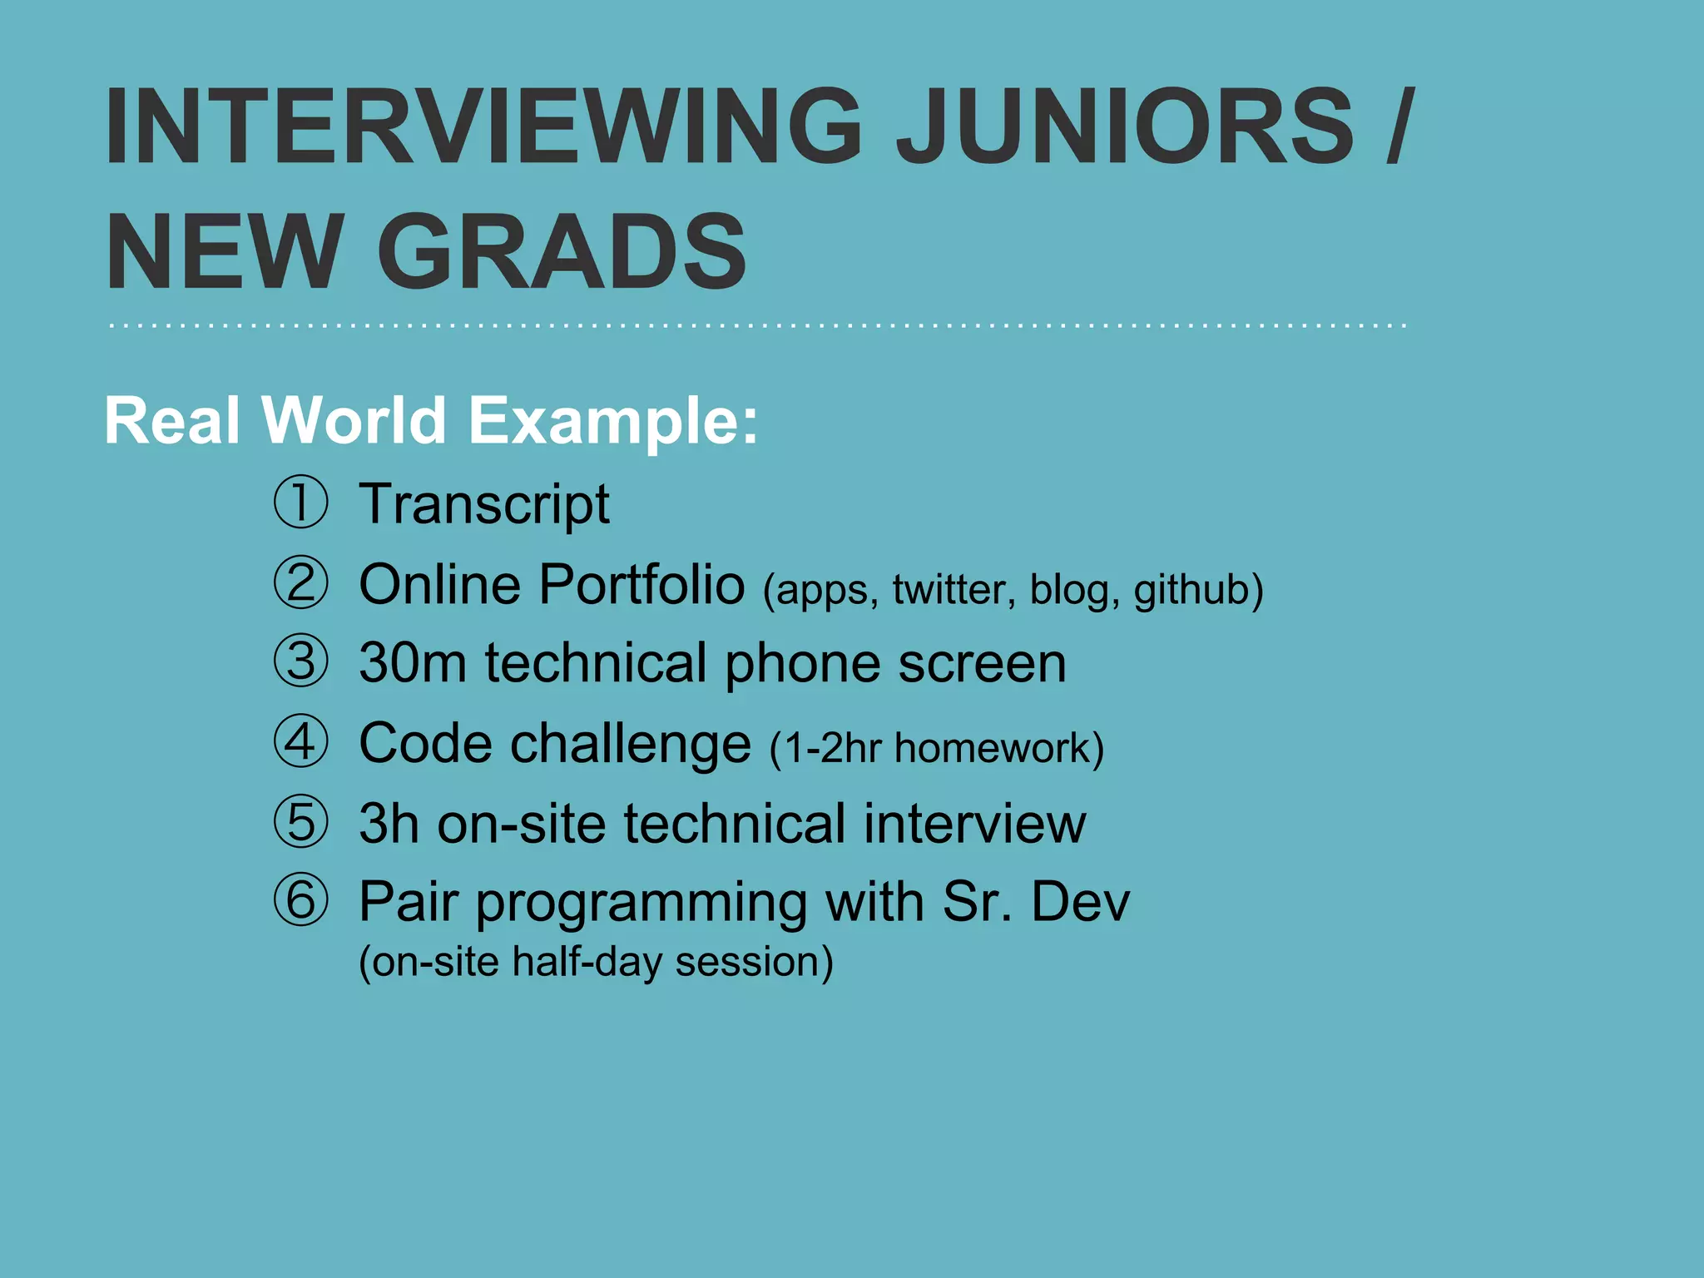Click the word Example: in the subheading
613,421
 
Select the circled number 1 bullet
300,502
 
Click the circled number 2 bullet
300,582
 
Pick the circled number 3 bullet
300,661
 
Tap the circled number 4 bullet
300,741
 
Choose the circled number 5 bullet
300,822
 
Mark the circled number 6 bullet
300,900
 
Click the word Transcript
483,504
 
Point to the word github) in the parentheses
1198,590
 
